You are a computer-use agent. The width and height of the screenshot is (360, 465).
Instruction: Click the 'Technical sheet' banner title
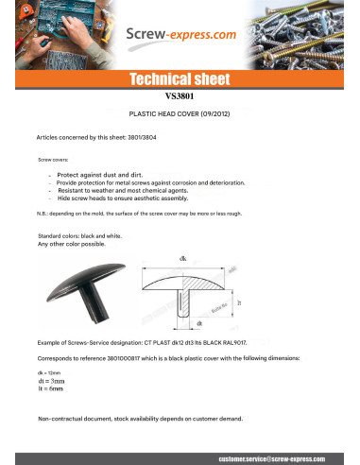(x=180, y=79)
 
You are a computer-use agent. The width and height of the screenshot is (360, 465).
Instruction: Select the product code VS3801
(x=180, y=95)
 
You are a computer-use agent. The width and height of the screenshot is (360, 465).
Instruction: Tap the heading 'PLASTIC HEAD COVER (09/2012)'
(x=180, y=112)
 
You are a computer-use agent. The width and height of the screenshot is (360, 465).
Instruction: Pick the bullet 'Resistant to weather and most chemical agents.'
(x=123, y=191)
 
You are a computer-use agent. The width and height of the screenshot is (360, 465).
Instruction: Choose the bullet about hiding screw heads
(x=122, y=199)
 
